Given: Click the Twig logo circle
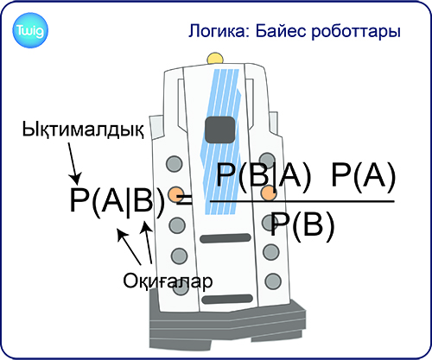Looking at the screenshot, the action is (30, 30).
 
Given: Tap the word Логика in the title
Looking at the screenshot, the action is (219, 31).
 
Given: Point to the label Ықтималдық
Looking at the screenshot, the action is (83, 129).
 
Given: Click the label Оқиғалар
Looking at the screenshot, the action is (168, 281).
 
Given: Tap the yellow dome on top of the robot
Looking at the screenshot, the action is (215, 58).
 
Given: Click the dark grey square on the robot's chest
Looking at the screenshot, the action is (220, 129).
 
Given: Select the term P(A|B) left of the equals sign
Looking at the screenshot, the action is (118, 200).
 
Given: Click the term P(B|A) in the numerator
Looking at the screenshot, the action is (264, 175).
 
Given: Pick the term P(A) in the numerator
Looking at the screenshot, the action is (364, 175).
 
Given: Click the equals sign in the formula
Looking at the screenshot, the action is (185, 200).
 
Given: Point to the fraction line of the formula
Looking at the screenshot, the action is (302, 201).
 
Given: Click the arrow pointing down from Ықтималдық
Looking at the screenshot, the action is (73, 163).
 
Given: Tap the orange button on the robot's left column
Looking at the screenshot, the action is (175, 194).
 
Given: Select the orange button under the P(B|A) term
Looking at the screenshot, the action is (269, 193).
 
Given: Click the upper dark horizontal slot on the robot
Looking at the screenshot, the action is (226, 238).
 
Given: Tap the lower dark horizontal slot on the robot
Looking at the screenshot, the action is (227, 299).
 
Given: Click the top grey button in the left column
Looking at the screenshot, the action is (175, 163).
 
